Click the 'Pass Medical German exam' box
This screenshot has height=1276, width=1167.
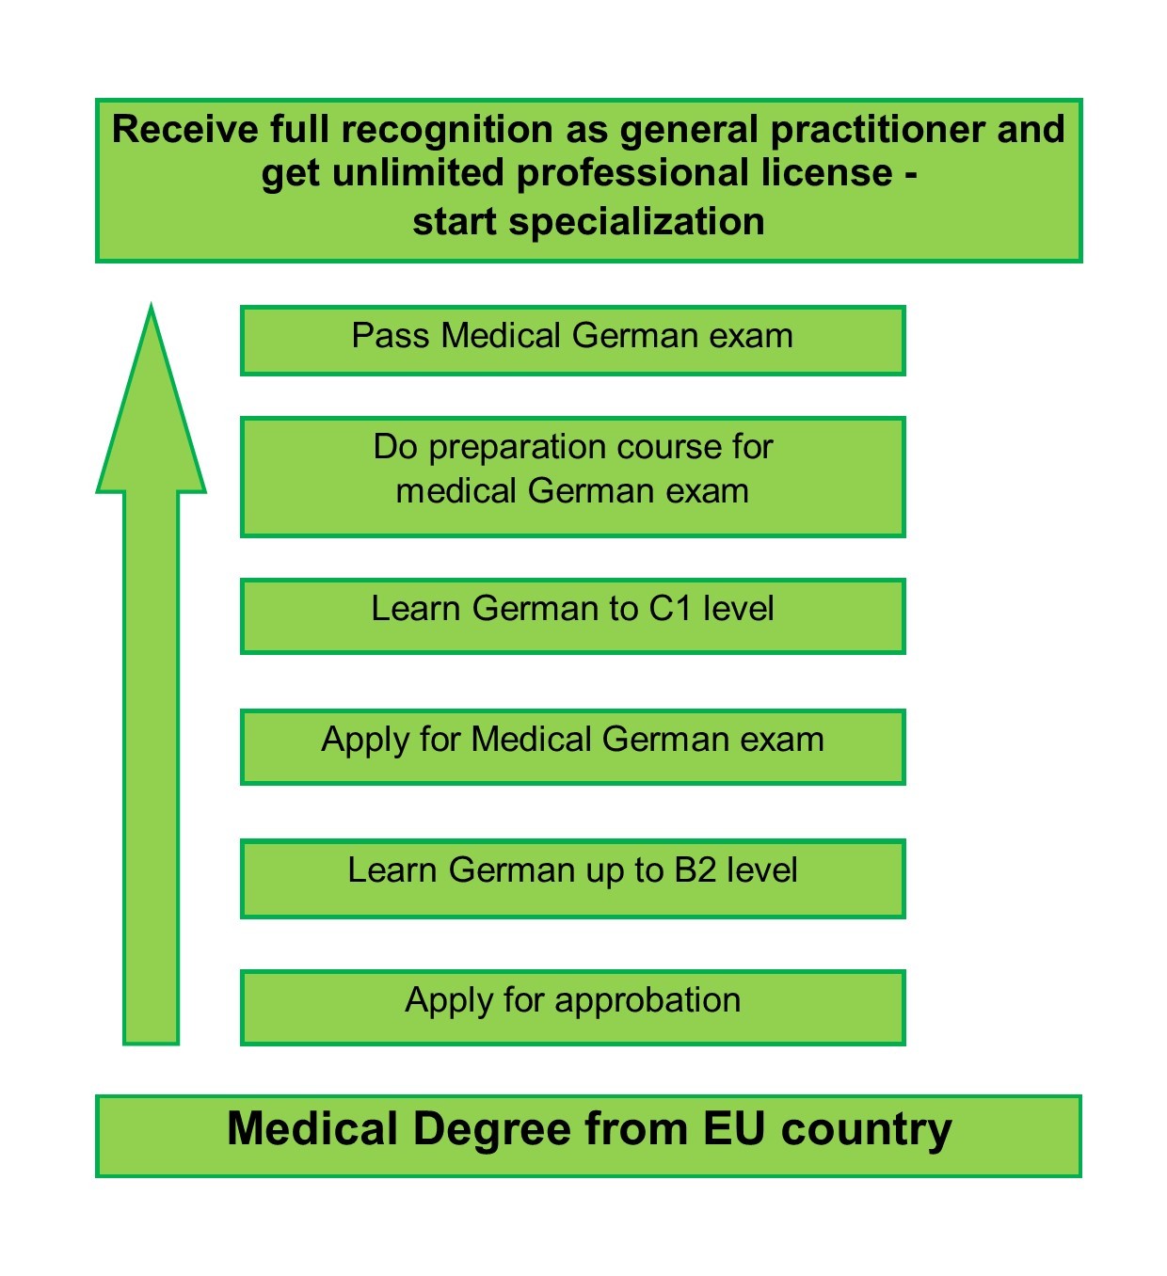(572, 341)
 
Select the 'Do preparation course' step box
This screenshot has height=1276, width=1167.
(572, 477)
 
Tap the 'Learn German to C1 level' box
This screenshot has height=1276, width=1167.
(572, 616)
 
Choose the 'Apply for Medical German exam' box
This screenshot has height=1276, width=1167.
(572, 747)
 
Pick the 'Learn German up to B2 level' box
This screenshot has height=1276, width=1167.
(572, 878)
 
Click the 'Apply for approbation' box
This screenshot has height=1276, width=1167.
(572, 1008)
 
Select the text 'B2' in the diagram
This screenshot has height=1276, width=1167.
(695, 870)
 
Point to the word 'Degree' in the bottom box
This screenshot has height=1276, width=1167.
(492, 1130)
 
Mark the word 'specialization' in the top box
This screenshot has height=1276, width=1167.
(636, 223)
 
